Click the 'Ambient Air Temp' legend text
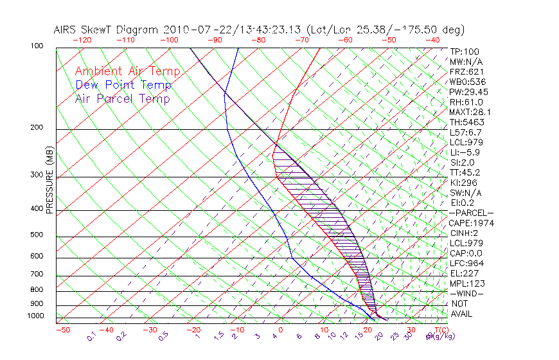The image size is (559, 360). (127, 71)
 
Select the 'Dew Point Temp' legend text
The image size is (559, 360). (123, 85)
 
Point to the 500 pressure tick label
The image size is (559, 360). (38, 235)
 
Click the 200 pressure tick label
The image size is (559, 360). (38, 128)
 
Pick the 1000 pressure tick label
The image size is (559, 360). (37, 316)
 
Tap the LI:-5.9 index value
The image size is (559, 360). (465, 152)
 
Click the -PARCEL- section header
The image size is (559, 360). (471, 213)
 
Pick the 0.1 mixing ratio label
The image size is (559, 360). (91, 335)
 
